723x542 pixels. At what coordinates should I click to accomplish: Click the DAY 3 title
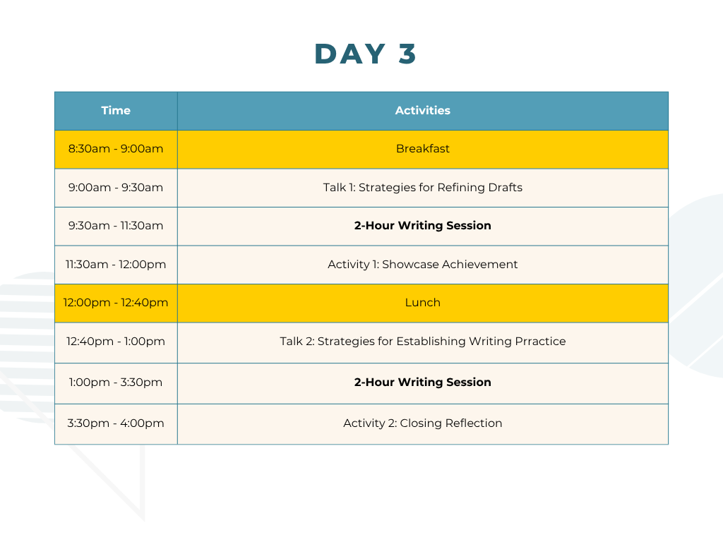click(x=365, y=54)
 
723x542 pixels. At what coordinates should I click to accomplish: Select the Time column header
click(x=116, y=111)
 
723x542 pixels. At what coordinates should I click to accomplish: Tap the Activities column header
click(x=423, y=111)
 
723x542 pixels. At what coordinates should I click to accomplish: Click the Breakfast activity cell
click(x=423, y=150)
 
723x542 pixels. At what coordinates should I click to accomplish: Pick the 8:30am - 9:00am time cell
click(x=116, y=150)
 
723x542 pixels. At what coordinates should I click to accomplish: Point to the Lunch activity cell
click(x=423, y=303)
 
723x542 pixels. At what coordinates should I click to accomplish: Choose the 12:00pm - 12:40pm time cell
click(x=116, y=303)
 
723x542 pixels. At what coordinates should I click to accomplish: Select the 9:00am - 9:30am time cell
click(x=116, y=188)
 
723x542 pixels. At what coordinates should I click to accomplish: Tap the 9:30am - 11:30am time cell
click(x=116, y=227)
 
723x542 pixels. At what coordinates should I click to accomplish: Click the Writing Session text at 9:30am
click(x=445, y=226)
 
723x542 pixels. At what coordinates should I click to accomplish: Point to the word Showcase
click(x=410, y=265)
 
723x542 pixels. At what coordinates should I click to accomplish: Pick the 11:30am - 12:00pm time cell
click(x=116, y=265)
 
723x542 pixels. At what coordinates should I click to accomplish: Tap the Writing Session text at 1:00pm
click(x=445, y=383)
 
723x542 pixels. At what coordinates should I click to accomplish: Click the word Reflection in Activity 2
click(x=474, y=423)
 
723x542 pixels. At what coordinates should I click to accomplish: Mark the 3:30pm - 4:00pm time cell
click(x=116, y=424)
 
